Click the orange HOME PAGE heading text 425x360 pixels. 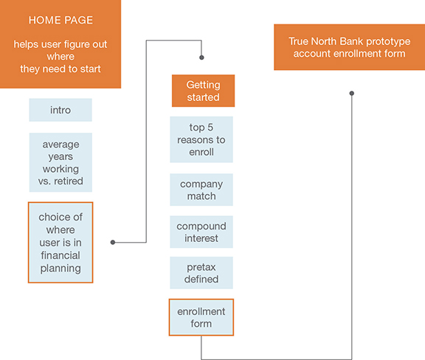tap(61, 20)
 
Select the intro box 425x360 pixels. tap(61, 110)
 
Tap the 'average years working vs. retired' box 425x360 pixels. tap(61, 162)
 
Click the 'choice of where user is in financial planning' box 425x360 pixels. tap(61, 243)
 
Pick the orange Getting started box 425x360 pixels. tap(204, 91)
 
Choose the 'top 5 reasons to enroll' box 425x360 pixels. tap(201, 139)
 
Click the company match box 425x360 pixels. tap(201, 190)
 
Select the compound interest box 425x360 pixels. tap(201, 232)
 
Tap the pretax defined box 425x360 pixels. tap(201, 273)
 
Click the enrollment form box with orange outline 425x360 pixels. tap(201, 317)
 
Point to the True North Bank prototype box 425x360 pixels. tap(350, 47)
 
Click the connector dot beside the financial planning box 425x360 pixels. tap(113, 242)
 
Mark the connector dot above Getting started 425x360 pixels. tap(201, 58)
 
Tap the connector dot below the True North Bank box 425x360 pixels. tap(351, 93)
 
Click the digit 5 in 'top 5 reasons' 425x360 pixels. tap(210, 128)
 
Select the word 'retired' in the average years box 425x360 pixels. tap(69, 181)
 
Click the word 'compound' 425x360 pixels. tap(201, 226)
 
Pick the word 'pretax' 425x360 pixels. tap(201, 267)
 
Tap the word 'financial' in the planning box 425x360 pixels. tap(61, 255)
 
